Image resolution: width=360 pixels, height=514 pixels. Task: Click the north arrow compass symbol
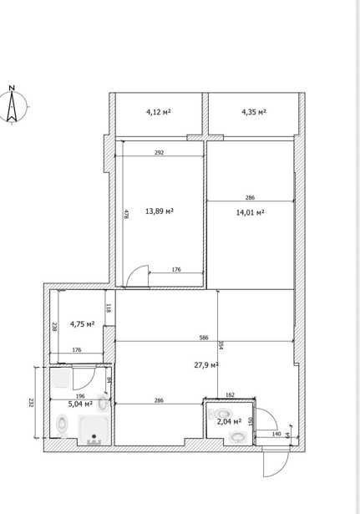pyautogui.click(x=13, y=105)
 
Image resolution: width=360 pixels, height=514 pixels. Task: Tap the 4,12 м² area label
pyautogui.click(x=159, y=112)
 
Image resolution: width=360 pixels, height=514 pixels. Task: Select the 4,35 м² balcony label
pyautogui.click(x=254, y=112)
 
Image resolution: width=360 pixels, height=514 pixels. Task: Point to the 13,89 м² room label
pyautogui.click(x=160, y=211)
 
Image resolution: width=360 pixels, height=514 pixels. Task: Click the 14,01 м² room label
pyautogui.click(x=251, y=213)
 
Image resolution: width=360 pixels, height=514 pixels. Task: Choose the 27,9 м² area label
pyautogui.click(x=206, y=365)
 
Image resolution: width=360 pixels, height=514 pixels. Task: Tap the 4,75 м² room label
pyautogui.click(x=82, y=324)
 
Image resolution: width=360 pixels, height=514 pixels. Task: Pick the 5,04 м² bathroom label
pyautogui.click(x=80, y=405)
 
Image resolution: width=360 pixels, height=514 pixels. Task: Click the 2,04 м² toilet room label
pyautogui.click(x=230, y=421)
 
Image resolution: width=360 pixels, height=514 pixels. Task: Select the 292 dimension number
pyautogui.click(x=159, y=152)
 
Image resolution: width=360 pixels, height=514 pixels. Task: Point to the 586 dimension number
pyautogui.click(x=204, y=338)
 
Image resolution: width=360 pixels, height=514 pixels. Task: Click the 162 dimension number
pyautogui.click(x=231, y=395)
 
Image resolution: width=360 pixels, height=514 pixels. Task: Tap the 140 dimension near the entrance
pyautogui.click(x=276, y=434)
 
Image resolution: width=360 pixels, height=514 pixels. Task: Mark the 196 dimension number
pyautogui.click(x=80, y=396)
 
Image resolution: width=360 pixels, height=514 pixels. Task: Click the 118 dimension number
pyautogui.click(x=109, y=308)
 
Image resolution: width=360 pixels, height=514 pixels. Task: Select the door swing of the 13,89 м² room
pyautogui.click(x=138, y=276)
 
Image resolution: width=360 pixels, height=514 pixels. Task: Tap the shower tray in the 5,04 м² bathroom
pyautogui.click(x=94, y=430)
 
